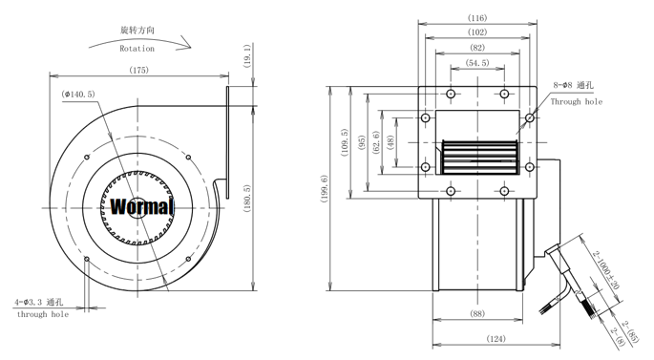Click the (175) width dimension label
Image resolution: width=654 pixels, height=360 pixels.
(x=138, y=70)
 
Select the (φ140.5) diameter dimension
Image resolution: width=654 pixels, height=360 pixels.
(x=78, y=95)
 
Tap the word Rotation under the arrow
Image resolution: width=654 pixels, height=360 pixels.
(x=137, y=49)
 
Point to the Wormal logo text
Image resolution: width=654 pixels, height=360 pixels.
(x=141, y=206)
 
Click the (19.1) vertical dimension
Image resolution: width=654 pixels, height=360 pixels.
(x=247, y=56)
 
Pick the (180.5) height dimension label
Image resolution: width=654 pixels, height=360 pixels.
(x=247, y=199)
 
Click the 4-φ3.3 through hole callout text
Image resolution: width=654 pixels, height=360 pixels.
(x=39, y=302)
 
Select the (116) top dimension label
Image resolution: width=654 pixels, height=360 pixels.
(x=477, y=18)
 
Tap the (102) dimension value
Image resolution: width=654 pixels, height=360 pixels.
(x=477, y=32)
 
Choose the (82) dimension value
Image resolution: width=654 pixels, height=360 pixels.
(x=477, y=48)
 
